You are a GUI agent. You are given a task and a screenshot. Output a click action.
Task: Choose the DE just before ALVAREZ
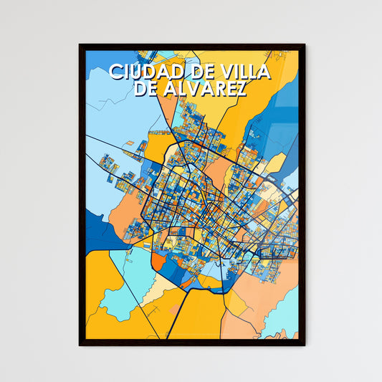(x=148, y=88)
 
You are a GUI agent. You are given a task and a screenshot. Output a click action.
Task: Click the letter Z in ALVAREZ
(x=241, y=88)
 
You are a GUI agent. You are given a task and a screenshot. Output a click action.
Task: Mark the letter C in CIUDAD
(x=115, y=72)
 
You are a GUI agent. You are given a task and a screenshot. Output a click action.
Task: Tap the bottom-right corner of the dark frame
(x=305, y=345)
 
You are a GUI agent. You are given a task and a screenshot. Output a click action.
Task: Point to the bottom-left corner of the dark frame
(x=80, y=345)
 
